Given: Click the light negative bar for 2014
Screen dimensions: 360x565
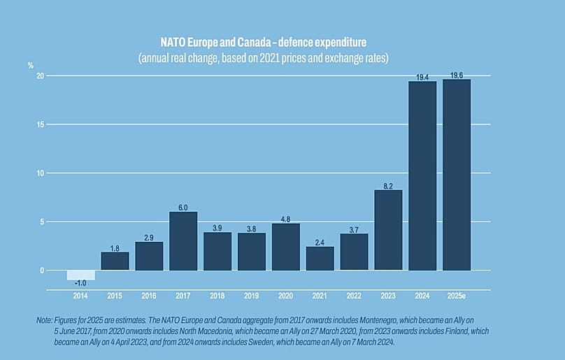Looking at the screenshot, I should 80,275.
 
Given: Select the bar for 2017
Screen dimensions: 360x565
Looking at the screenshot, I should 183,240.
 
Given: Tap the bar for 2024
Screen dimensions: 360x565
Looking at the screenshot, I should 422,175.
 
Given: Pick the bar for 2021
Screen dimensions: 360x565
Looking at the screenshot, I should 320,258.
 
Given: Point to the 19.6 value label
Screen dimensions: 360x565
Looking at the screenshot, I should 457,75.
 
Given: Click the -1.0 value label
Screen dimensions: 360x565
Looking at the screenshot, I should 80,283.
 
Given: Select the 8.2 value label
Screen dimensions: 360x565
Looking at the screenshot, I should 388,186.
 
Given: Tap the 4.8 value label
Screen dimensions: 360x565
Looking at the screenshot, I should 286,219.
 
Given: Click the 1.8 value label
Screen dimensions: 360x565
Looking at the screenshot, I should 115,248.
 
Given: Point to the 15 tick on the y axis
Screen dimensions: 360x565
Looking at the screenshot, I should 41,124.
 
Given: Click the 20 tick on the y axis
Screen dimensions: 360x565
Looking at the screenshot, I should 41,75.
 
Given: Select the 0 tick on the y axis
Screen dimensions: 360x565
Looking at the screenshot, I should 43,271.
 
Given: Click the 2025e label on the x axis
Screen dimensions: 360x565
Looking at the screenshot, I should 457,296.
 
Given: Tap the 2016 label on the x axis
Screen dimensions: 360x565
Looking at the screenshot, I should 149,296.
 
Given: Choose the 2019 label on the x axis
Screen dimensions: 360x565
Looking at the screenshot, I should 252,296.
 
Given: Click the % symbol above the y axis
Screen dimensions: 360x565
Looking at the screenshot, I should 31,65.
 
